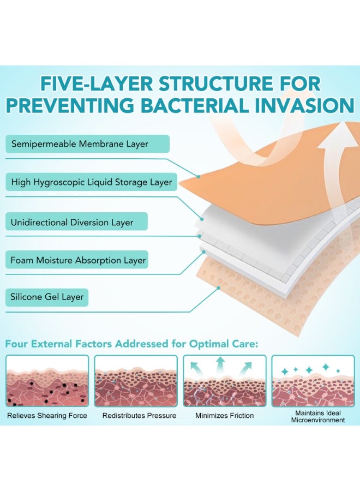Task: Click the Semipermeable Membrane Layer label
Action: [x=87, y=144]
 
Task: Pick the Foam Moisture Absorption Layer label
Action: [x=78, y=260]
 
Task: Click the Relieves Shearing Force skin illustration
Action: [x=47, y=381]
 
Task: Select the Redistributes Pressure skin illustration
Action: [x=136, y=381]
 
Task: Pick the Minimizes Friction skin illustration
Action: [x=224, y=381]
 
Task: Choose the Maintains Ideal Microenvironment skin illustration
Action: [x=313, y=381]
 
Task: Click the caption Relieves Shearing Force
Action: [x=47, y=416]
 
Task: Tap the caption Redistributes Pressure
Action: [x=140, y=416]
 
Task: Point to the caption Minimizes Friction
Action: [x=225, y=416]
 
